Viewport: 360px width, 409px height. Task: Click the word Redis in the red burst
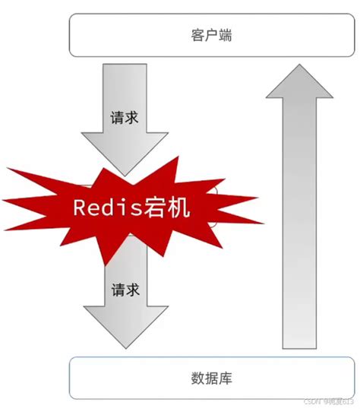107,208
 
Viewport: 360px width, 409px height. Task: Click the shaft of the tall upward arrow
298,228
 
